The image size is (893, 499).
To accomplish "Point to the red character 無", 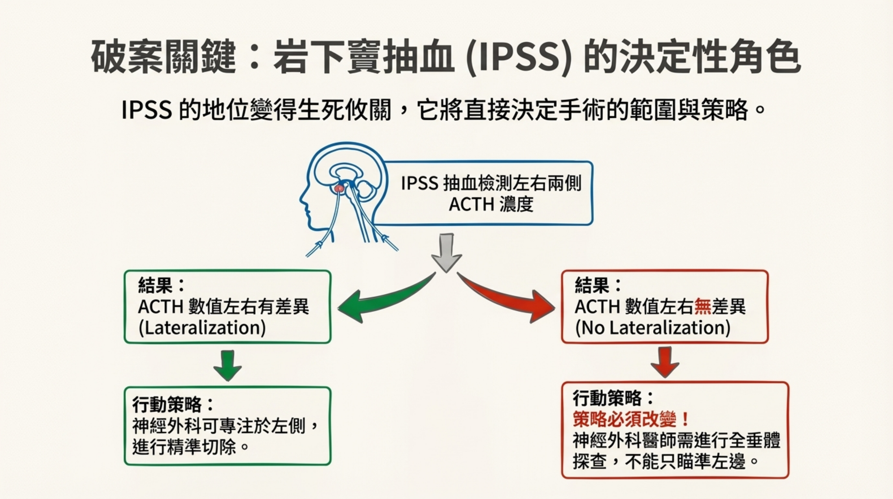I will (x=703, y=307).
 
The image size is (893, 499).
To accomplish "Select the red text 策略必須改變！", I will (x=631, y=419).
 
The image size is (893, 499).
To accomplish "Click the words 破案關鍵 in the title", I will (x=163, y=57).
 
